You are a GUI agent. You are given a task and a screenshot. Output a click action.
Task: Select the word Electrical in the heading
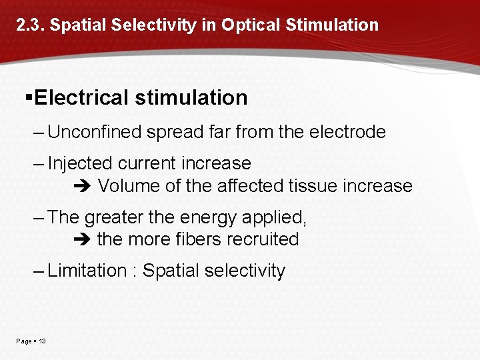81,98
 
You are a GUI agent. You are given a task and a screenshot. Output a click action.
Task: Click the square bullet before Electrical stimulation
28,97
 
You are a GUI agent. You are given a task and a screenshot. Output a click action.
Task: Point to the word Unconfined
95,132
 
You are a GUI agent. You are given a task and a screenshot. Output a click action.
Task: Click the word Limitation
87,271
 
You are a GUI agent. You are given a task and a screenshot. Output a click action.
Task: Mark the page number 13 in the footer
43,341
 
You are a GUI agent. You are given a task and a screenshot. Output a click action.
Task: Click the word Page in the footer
24,341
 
